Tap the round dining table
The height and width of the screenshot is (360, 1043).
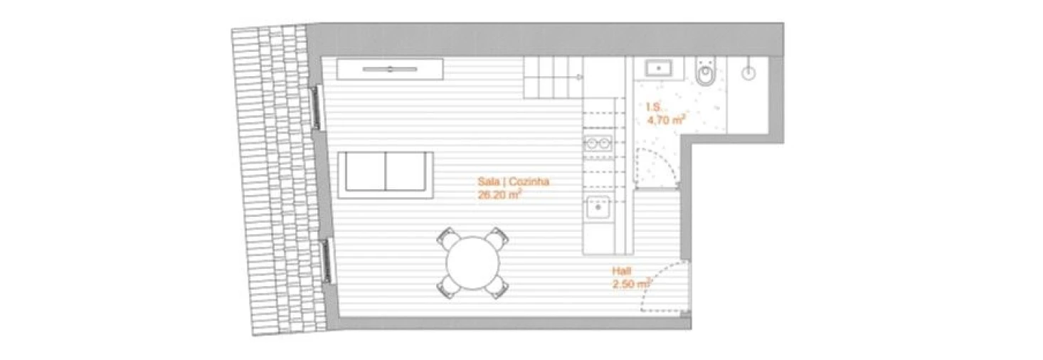coord(472,263)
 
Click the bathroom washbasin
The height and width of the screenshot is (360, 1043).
coord(660,69)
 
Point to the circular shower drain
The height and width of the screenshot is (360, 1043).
coord(748,73)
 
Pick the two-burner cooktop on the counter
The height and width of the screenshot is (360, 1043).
coord(597,143)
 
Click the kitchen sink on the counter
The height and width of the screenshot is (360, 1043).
coord(597,208)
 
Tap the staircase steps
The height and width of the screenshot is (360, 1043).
coord(553,78)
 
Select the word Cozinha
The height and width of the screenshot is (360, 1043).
coord(529,181)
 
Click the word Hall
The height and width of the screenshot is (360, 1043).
coord(621,271)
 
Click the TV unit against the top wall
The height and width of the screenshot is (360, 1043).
coord(390,69)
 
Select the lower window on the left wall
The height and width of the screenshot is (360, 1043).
coord(327,260)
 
